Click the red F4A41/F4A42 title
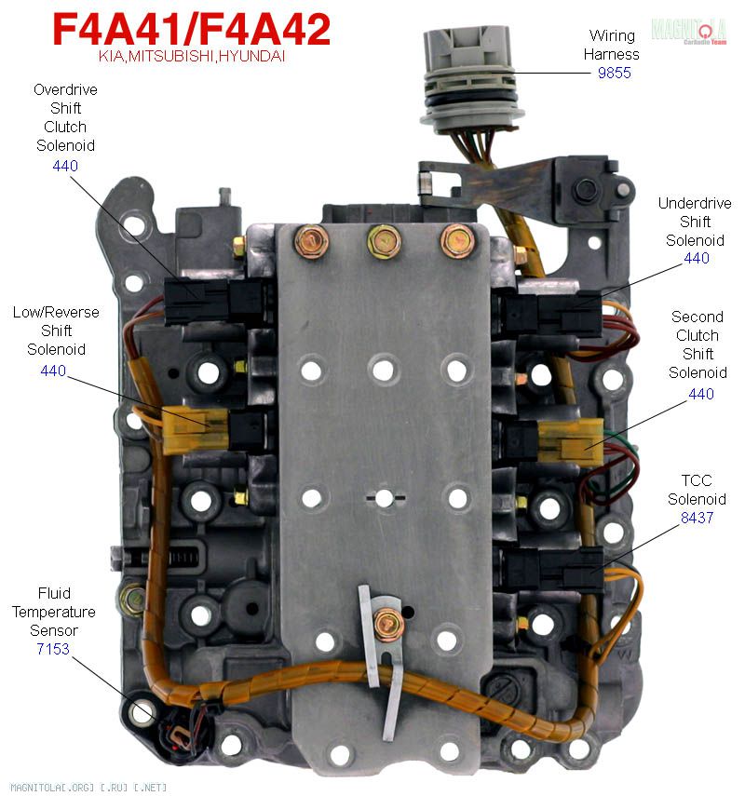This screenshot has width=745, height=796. (x=191, y=31)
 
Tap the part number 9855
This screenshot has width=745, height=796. (x=615, y=72)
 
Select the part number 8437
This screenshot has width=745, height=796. (x=697, y=518)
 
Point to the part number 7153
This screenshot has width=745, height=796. (x=54, y=649)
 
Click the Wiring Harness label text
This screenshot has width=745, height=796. (x=612, y=45)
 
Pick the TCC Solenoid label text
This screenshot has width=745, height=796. (x=697, y=490)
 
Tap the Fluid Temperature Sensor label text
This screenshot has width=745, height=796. (x=54, y=612)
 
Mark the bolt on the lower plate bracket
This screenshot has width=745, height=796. (x=386, y=624)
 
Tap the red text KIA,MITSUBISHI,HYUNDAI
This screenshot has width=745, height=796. (x=192, y=57)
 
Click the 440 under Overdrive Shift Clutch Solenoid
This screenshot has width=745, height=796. (x=65, y=166)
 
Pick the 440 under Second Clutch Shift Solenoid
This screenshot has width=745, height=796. (x=701, y=394)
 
